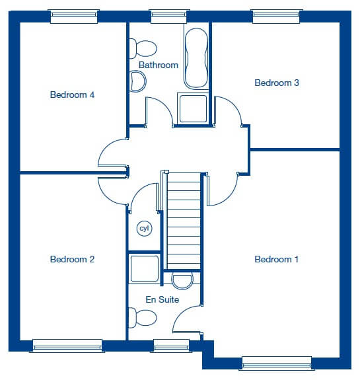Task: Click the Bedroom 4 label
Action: [x=72, y=95]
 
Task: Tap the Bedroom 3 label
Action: [x=277, y=83]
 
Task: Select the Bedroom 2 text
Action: [x=72, y=259]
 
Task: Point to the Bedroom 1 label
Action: [x=276, y=259]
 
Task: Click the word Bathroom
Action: [x=159, y=65]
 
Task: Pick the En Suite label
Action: [x=162, y=299]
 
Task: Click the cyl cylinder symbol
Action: [x=145, y=228]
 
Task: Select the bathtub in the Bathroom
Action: [x=196, y=58]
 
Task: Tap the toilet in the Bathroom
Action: [x=143, y=48]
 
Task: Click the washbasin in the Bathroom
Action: [x=137, y=81]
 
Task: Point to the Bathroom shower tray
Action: [x=193, y=108]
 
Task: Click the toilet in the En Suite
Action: [x=143, y=318]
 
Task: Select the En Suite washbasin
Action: [x=182, y=280]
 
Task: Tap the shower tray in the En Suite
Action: [x=145, y=268]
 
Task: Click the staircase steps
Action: [x=184, y=221]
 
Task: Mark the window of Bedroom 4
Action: [x=74, y=17]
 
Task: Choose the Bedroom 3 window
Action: [x=276, y=17]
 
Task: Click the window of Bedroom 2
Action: [x=67, y=346]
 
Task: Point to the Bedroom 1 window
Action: [x=276, y=363]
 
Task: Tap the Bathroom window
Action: [x=169, y=17]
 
